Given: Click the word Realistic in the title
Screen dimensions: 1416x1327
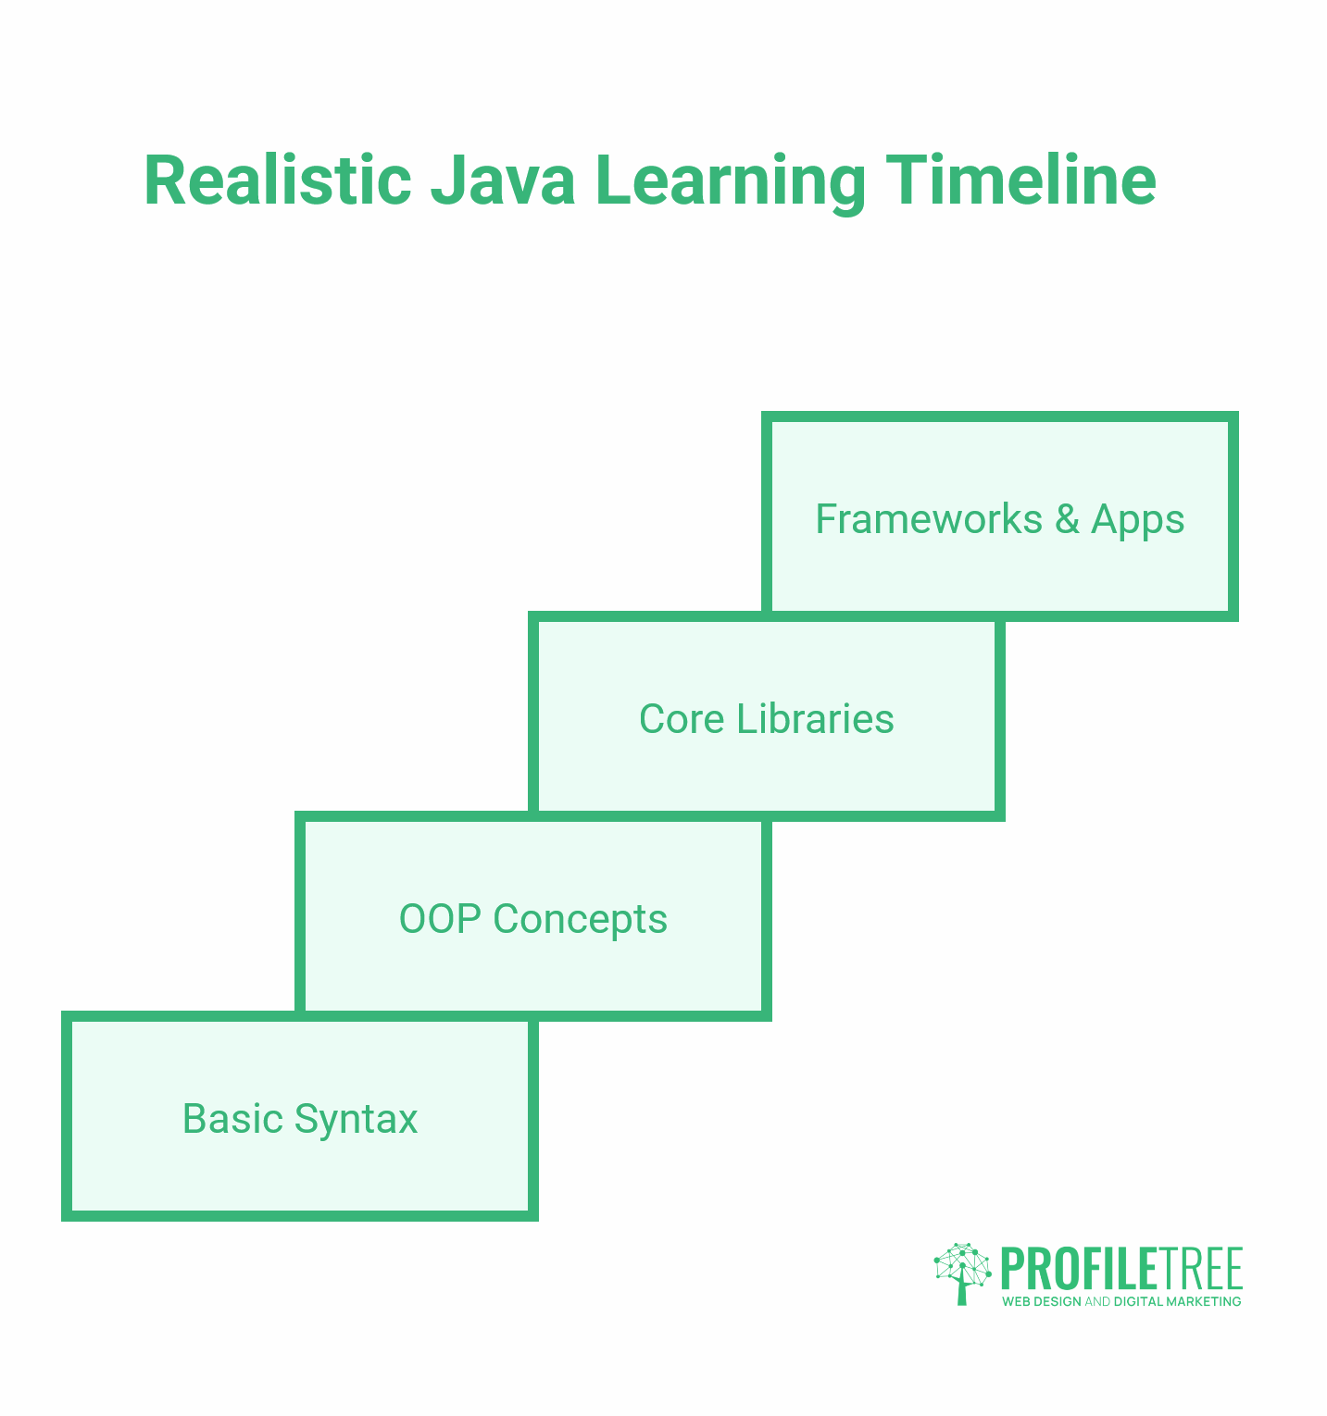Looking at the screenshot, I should [x=278, y=180].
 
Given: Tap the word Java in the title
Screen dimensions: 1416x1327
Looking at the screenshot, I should [x=503, y=180].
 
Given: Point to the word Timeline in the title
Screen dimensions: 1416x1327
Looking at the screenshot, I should [x=1020, y=180].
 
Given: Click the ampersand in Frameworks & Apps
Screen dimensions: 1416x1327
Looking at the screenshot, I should [x=1067, y=519].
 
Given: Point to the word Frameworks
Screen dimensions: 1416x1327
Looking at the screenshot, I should [x=929, y=519].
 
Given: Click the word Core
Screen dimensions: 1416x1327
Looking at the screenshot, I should [x=682, y=719].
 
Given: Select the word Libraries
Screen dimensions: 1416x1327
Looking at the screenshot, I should [x=816, y=719].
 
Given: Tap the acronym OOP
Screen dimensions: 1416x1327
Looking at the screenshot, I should [x=440, y=919].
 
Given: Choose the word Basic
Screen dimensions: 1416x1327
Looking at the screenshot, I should [x=232, y=1119].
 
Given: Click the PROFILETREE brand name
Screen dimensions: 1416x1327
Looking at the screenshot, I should [x=1121, y=1269].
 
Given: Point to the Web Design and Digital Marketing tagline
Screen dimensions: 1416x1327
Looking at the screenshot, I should [x=1121, y=1301].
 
